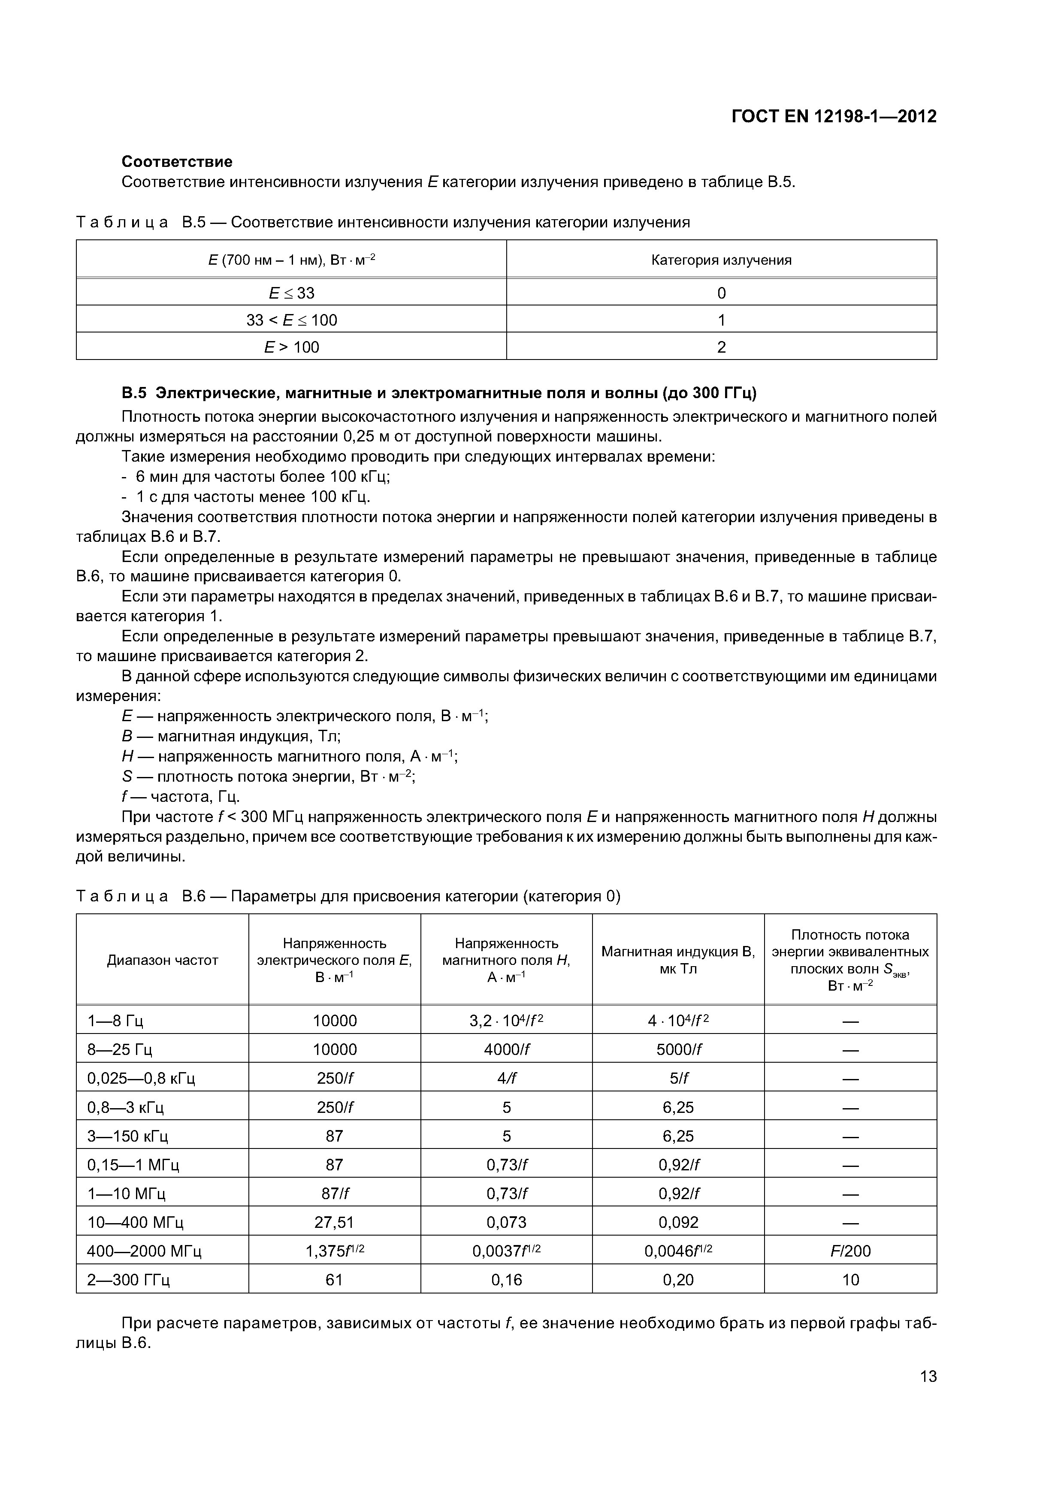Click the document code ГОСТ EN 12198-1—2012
point(833,117)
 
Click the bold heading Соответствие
point(177,161)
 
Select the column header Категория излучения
point(721,260)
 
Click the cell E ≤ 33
point(291,293)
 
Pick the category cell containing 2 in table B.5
point(721,347)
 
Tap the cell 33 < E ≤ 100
point(291,320)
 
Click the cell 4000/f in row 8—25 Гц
point(506,1049)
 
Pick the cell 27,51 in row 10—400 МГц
point(334,1222)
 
